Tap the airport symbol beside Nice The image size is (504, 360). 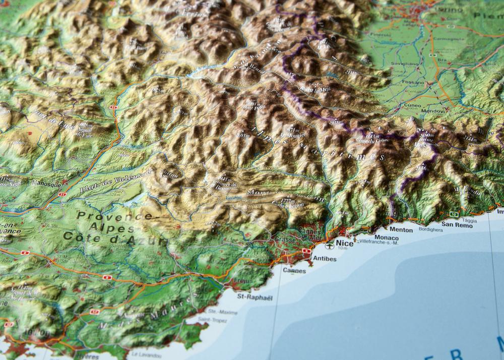(x=330, y=246)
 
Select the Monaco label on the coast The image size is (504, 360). (x=386, y=237)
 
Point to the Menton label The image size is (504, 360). (x=401, y=229)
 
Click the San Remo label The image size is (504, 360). (x=457, y=225)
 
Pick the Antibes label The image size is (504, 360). (x=325, y=259)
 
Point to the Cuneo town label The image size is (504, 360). (x=412, y=106)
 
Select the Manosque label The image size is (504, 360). (x=46, y=184)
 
